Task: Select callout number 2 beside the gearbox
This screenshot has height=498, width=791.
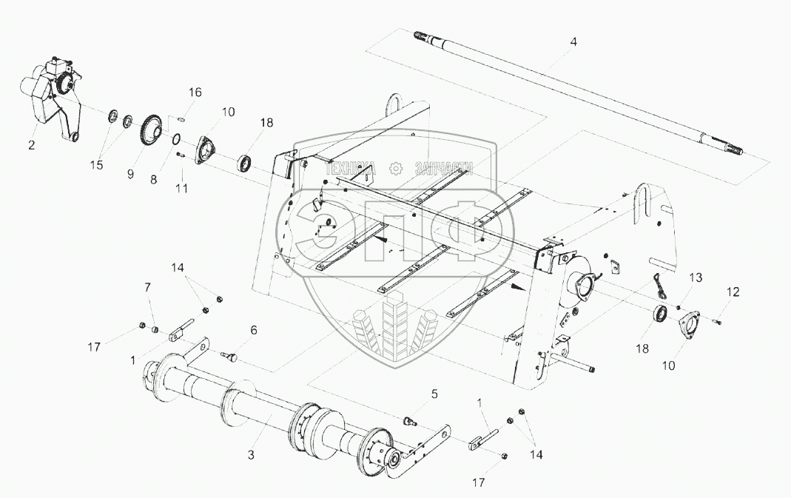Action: click(x=31, y=145)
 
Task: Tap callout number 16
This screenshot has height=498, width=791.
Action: click(x=194, y=92)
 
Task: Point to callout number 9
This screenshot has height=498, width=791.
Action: click(x=129, y=174)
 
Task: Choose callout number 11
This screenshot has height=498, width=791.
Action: click(x=181, y=188)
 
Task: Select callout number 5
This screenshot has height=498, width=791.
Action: click(x=435, y=394)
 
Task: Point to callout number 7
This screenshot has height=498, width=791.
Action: click(x=147, y=286)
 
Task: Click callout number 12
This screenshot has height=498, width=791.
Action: click(x=732, y=292)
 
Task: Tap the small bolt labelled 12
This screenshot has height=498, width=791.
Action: click(x=716, y=320)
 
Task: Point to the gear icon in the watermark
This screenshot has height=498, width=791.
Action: click(x=396, y=168)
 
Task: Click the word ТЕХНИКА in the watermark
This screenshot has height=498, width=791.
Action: click(x=354, y=168)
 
